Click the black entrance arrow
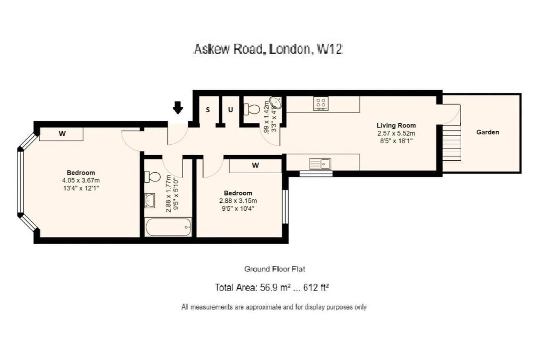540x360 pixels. [178, 108]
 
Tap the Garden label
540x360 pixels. [488, 132]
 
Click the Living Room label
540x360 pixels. [396, 125]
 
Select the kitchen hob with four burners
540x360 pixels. [321, 103]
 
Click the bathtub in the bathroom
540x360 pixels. [168, 227]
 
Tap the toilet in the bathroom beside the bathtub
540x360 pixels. [151, 176]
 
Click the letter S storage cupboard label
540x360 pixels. [208, 110]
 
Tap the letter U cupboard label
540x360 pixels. [230, 110]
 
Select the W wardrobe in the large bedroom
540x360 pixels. [62, 134]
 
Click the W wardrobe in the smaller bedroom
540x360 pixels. [255, 165]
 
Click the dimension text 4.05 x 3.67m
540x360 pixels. [81, 181]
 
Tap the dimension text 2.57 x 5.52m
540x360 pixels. [396, 133]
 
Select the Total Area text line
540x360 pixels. [273, 287]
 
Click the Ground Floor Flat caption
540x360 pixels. [274, 269]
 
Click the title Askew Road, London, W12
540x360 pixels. [269, 50]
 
